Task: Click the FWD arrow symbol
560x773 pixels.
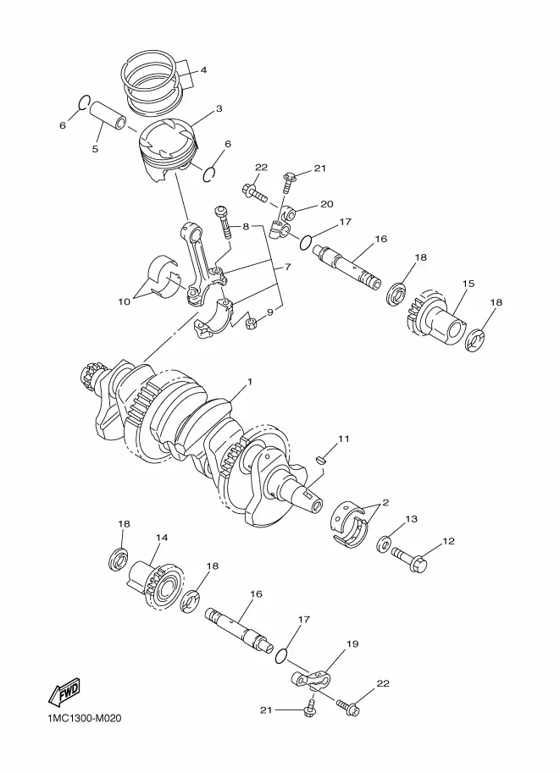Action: pos(64,692)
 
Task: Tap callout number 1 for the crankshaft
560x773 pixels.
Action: pos(250,382)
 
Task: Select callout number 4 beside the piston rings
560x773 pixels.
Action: pos(203,70)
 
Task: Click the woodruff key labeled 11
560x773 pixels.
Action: pos(321,460)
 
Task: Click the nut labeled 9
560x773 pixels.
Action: pos(251,324)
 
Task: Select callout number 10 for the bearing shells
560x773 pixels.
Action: pos(125,301)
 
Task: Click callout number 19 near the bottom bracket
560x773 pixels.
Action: pos(352,643)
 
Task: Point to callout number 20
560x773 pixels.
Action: pos(327,204)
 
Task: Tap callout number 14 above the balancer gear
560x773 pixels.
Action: pos(161,538)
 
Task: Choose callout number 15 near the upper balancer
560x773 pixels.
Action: pos(469,284)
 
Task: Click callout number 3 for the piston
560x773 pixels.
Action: pos(219,108)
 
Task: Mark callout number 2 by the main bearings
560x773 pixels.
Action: pos(385,503)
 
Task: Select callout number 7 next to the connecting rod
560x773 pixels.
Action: pos(288,267)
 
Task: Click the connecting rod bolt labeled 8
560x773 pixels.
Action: pos(224,223)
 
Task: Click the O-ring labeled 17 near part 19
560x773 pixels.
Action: pos(280,655)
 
